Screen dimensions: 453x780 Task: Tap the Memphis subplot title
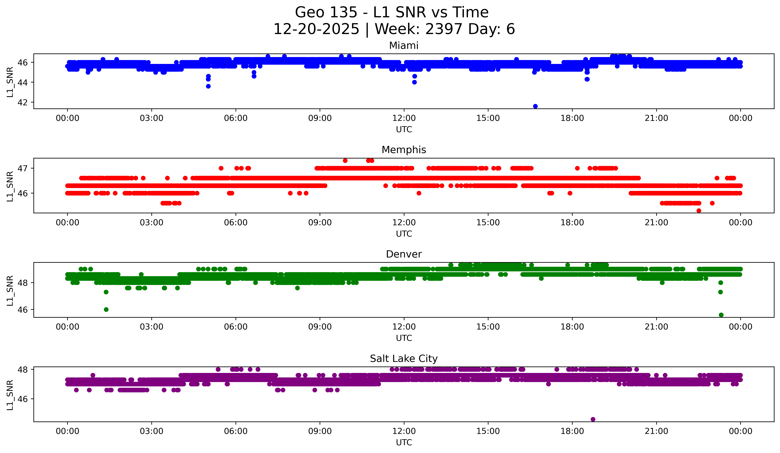(404, 150)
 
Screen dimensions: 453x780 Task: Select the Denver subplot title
(404, 254)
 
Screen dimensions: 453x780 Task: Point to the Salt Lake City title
(404, 359)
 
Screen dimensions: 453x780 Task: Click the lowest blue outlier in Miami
(535, 106)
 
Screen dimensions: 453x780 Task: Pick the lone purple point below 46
(593, 419)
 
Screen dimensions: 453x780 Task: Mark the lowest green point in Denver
(721, 315)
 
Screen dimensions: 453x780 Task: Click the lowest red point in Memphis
(699, 211)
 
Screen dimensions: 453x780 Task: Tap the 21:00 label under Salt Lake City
(656, 431)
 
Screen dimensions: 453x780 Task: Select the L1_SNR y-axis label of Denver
(10, 290)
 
